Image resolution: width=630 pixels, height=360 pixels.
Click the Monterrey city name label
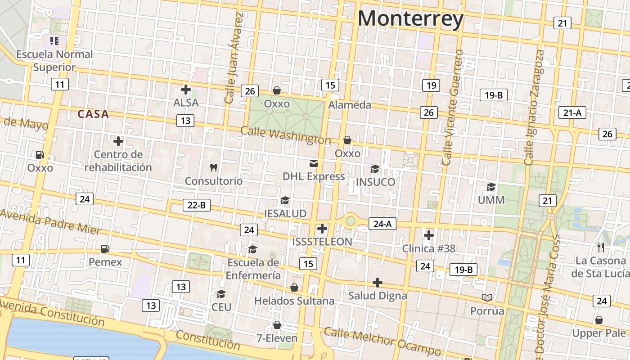pos(410,19)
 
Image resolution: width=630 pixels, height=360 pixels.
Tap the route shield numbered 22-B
pos(197,205)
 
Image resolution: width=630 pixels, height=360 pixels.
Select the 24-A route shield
pos(382,223)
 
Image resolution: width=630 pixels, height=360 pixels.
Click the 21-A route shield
pos(572,112)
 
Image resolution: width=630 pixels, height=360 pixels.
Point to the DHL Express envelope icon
pos(313,163)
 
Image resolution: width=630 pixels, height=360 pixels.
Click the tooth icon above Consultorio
pos(214,168)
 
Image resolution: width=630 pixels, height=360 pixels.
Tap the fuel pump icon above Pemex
pos(105,248)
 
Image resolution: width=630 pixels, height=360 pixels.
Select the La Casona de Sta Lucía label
pos(601,267)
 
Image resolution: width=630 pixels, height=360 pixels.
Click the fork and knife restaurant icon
pos(601,247)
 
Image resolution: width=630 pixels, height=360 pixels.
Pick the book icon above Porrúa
pos(487,297)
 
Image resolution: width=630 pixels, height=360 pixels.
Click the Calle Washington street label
pos(286,135)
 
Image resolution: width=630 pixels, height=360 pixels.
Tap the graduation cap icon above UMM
pos(491,187)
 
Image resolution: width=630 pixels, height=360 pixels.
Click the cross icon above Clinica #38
pos(428,235)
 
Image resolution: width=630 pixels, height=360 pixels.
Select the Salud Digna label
pos(378,296)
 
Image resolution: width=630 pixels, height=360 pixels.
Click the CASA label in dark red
pos(93,114)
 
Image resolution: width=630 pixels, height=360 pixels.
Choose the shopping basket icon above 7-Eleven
pos(277,325)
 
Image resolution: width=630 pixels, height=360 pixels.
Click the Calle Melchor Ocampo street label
pos(382,342)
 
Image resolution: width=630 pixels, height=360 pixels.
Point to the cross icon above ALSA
pos(185,90)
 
